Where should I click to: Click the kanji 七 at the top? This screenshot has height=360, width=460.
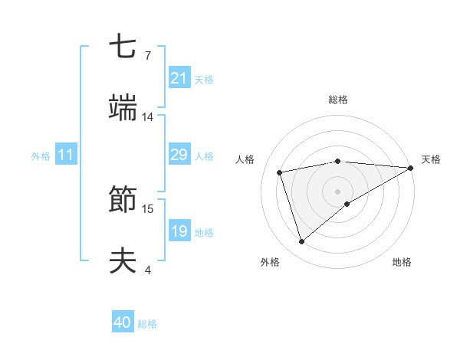124,47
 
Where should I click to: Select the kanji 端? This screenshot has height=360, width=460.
124,110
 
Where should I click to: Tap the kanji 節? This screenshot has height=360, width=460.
124,201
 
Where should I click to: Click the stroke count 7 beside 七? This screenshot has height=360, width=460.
148,56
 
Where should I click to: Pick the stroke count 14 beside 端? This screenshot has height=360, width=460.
148,117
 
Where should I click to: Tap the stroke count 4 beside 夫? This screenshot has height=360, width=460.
148,270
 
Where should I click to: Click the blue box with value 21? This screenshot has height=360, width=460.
179,78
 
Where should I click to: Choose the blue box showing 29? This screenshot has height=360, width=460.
179,155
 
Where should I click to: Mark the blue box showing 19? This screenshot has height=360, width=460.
179,231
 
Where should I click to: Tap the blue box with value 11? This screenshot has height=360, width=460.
66,155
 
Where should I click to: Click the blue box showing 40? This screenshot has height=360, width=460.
123,322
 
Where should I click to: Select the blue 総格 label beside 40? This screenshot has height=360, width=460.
147,324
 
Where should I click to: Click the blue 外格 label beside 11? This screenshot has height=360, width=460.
41,156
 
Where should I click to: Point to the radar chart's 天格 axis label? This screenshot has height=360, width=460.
431,159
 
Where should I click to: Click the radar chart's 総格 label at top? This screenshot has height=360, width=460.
338,100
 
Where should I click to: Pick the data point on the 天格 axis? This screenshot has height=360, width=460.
411,168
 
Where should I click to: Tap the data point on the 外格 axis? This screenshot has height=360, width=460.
302,242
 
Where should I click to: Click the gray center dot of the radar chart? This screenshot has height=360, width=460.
338,191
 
